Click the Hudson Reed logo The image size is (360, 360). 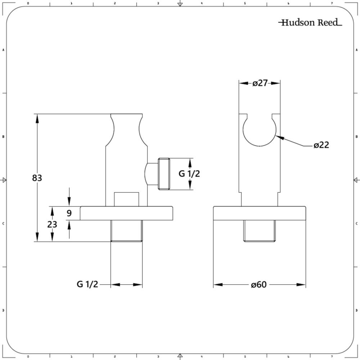(x=310, y=22)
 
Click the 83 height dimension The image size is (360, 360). (x=37, y=178)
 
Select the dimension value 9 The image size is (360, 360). (x=69, y=213)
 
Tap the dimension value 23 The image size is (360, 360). (x=52, y=224)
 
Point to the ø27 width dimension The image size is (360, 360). (x=260, y=83)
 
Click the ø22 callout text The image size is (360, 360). (x=321, y=145)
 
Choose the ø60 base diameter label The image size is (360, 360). (x=259, y=285)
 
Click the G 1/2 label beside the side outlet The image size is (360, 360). (x=189, y=174)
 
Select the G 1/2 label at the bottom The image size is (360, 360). (x=87, y=284)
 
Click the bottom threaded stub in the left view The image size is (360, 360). (x=126, y=231)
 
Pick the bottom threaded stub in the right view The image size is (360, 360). (x=259, y=231)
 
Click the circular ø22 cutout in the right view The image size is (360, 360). (x=260, y=146)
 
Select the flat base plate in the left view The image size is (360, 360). (x=126, y=213)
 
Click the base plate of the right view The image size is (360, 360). (x=260, y=213)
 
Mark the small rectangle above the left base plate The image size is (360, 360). (x=126, y=199)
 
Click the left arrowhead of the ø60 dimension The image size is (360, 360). (x=218, y=285)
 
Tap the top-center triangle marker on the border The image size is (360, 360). (x=180, y=4)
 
